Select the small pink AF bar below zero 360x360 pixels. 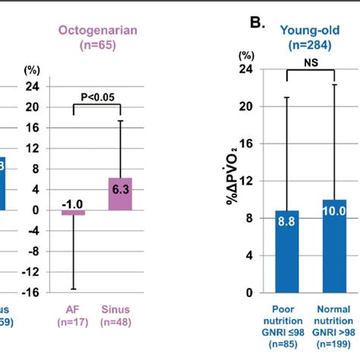click(74, 213)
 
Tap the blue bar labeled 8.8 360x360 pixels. click(287, 251)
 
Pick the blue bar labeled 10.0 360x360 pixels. click(330, 246)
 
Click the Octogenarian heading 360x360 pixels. click(95, 30)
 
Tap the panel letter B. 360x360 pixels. click(258, 25)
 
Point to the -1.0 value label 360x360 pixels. click(73, 203)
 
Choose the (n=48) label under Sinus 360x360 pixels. click(115, 324)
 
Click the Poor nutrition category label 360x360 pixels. click(287, 317)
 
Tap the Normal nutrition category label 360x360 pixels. click(330, 317)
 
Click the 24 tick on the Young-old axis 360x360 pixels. click(245, 69)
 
